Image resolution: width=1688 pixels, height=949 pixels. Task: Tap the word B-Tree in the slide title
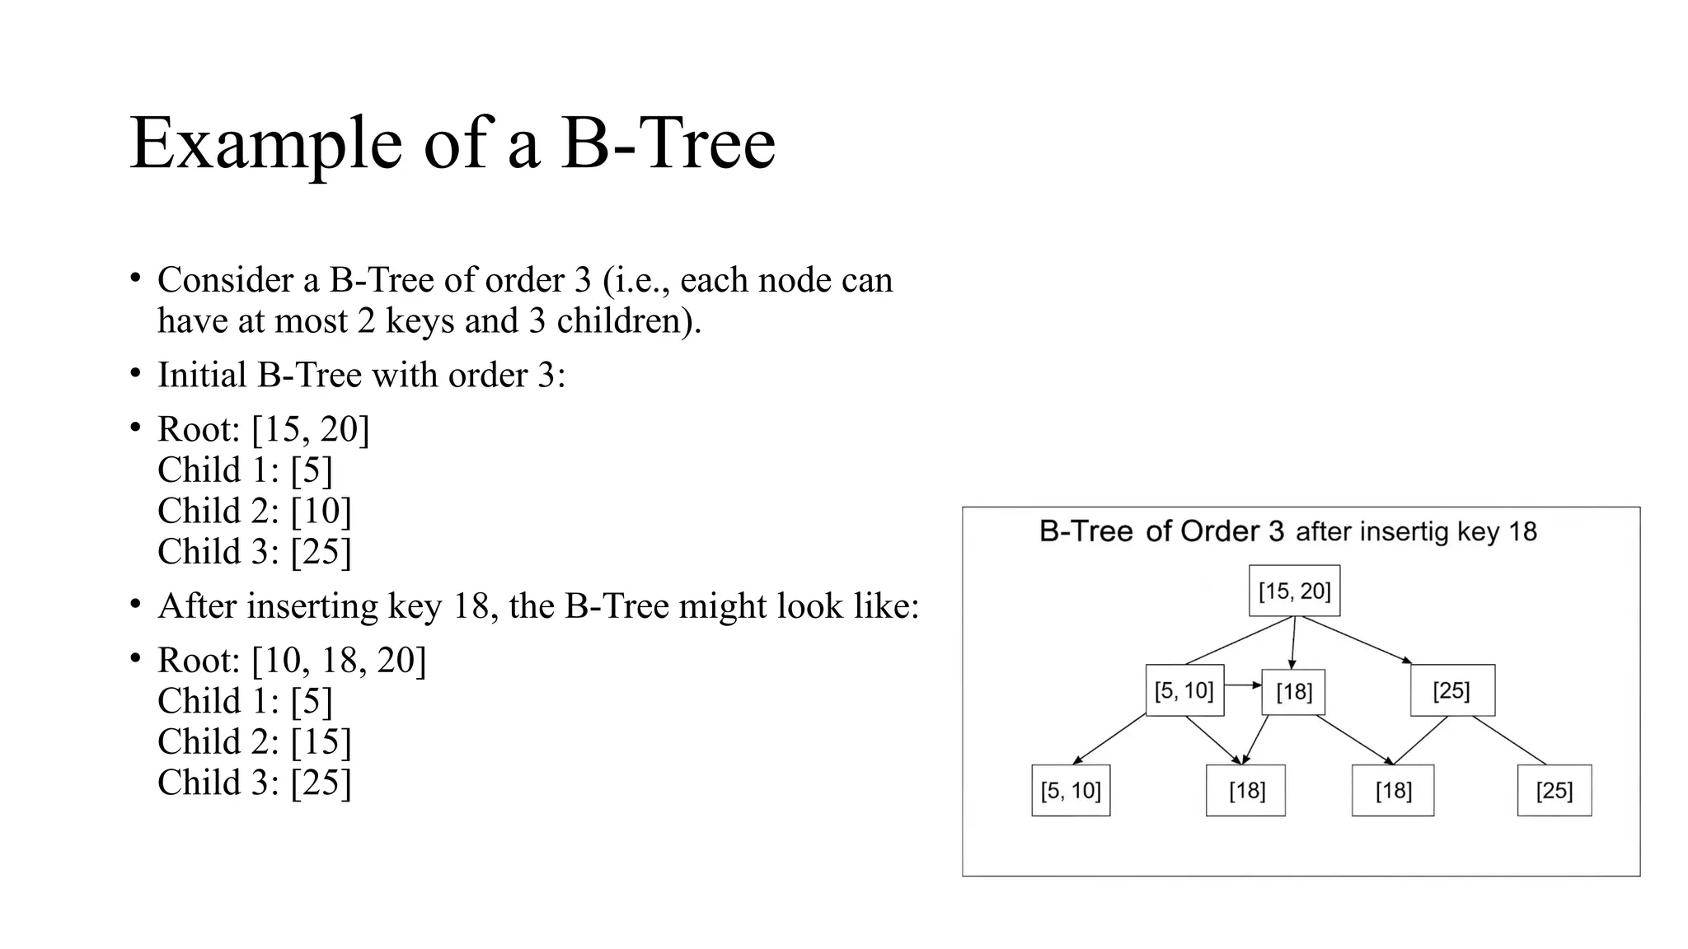[668, 143]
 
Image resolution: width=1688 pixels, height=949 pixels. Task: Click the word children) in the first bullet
[629, 320]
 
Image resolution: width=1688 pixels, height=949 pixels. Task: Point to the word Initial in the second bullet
[202, 375]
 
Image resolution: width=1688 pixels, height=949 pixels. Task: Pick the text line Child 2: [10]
[254, 511]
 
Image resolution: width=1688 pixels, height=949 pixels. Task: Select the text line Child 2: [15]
[254, 741]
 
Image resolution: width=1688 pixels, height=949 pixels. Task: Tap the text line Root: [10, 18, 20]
[292, 660]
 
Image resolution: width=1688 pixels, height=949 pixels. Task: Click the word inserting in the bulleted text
[312, 606]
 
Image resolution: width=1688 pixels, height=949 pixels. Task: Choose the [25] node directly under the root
[1451, 690]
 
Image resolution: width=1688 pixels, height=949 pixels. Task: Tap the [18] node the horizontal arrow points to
[1293, 691]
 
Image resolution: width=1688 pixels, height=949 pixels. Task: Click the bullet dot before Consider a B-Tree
[135, 278]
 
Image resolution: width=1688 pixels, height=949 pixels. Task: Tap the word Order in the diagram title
[1231, 531]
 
